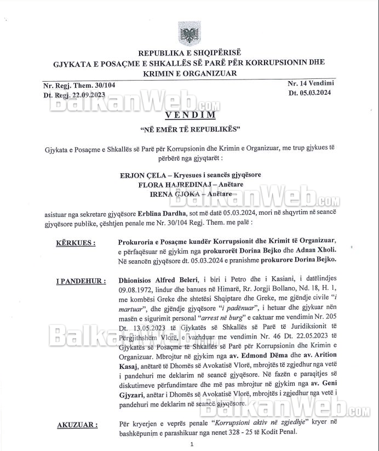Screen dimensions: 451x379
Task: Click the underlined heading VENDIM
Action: (189, 115)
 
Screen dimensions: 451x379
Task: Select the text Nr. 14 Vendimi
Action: (311, 83)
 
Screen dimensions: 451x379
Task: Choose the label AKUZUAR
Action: (77, 425)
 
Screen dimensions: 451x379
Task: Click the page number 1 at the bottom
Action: (191, 444)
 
